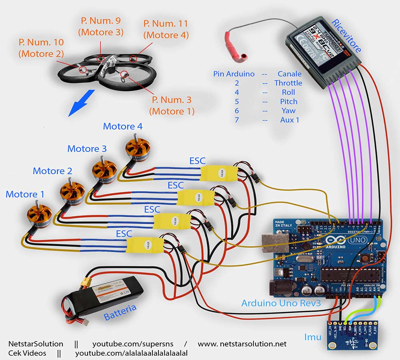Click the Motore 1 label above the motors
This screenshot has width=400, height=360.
click(x=25, y=195)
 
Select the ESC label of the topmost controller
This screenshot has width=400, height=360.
click(x=197, y=161)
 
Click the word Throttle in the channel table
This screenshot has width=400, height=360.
click(x=288, y=83)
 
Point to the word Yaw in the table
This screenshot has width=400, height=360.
click(x=288, y=111)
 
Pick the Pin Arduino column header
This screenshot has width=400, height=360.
click(x=234, y=74)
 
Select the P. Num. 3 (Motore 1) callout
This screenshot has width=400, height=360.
click(x=172, y=105)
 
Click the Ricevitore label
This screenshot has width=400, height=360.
click(x=346, y=36)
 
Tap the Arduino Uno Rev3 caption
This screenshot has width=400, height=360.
click(x=281, y=303)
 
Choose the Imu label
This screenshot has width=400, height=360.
click(x=312, y=337)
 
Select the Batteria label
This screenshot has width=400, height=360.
click(x=120, y=312)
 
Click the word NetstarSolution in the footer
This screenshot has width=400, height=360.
click(x=36, y=344)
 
